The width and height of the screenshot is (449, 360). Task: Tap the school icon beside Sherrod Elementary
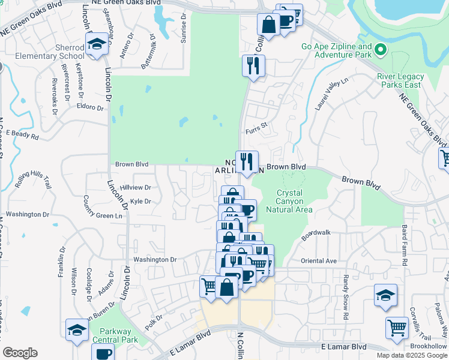tap(95, 46)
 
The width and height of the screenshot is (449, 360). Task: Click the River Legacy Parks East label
tap(401, 80)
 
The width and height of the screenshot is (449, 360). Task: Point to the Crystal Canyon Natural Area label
tap(294, 201)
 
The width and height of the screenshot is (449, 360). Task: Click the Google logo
tap(20, 353)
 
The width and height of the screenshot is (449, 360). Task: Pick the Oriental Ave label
tap(319, 261)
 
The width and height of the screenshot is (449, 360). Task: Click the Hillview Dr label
tap(135, 187)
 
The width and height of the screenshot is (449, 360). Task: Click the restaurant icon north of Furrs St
tap(253, 65)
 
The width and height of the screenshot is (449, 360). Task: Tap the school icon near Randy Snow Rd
tap(385, 295)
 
